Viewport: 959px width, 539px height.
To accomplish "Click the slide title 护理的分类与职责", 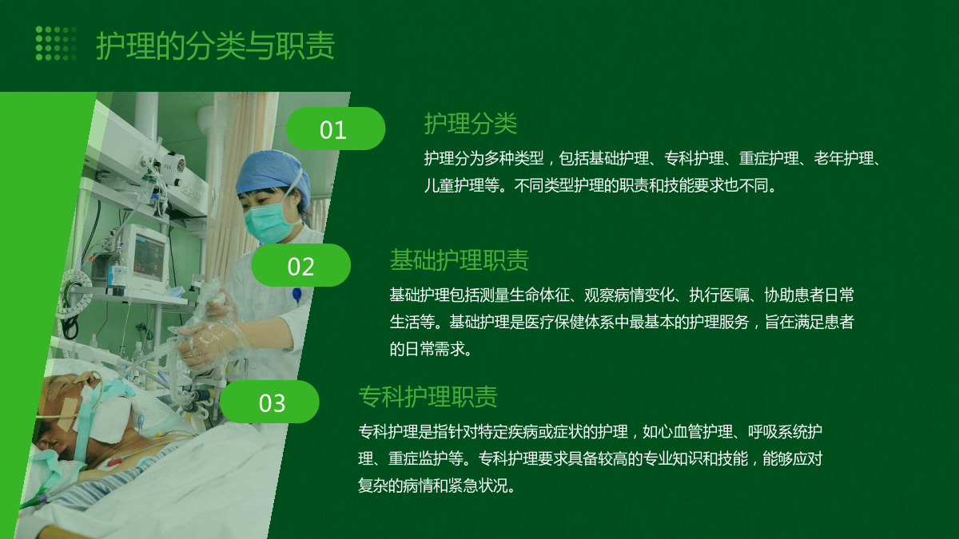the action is click(x=215, y=46).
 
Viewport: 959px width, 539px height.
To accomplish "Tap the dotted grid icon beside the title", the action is click(x=56, y=43).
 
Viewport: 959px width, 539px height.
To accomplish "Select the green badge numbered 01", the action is click(x=335, y=129).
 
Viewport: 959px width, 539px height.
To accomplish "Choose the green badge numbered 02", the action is click(x=301, y=265).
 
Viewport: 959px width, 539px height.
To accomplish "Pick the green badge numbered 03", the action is click(x=269, y=402).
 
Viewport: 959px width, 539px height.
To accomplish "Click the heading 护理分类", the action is click(x=471, y=124).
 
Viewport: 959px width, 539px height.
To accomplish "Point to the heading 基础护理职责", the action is click(x=460, y=260).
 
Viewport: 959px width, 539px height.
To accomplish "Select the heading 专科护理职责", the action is click(x=428, y=396).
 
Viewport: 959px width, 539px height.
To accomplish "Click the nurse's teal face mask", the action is click(x=270, y=223).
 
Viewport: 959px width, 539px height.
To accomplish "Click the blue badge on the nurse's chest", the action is click(x=296, y=295).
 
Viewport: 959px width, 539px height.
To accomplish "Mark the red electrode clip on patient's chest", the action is click(x=115, y=462).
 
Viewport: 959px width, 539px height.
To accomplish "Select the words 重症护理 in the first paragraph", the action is click(x=769, y=159).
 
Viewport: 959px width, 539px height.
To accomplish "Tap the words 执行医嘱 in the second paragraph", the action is click(x=719, y=295).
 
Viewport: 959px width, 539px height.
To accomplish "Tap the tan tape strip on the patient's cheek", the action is click(x=68, y=413).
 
